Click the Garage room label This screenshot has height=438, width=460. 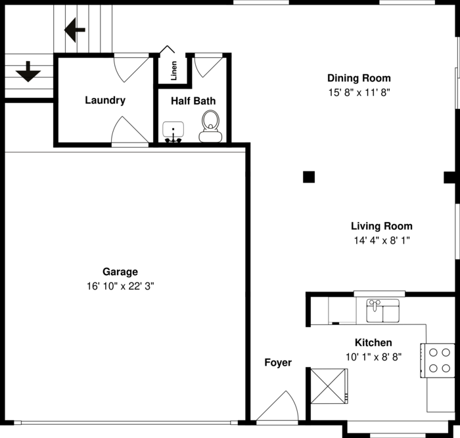coord(120,272)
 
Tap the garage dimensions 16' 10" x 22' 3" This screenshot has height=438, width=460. coord(120,286)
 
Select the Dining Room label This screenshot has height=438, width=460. coord(359,78)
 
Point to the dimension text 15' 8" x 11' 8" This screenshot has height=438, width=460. coord(359,93)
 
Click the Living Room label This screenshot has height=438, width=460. coord(381,226)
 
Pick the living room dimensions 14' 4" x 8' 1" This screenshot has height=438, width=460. coord(381,240)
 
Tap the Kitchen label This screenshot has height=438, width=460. coord(373,343)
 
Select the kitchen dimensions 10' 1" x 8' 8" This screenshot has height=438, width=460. coord(373,357)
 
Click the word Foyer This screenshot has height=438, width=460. coord(278,362)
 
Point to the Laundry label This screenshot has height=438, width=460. coord(105,100)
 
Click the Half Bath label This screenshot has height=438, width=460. coord(193,101)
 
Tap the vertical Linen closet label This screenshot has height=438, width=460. coord(174,70)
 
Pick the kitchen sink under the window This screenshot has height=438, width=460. coord(382,311)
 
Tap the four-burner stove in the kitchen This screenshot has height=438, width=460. coord(439,360)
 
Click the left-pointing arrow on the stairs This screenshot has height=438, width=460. coord(75,30)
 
